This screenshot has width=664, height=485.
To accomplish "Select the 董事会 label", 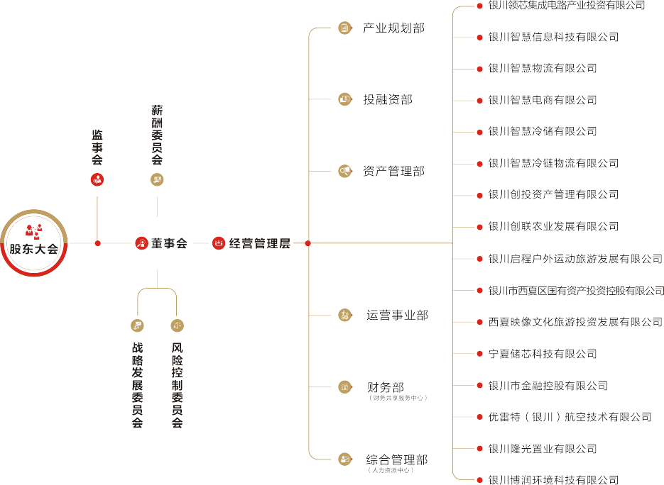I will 169,243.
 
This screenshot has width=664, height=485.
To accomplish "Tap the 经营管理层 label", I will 260,243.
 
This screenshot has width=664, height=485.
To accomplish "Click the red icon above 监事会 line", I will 97,179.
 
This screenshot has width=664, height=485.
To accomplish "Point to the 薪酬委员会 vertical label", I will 157,135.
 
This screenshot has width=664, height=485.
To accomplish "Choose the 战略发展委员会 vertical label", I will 138,385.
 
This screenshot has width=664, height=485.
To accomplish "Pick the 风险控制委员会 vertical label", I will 178,385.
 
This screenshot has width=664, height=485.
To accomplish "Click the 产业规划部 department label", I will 393,28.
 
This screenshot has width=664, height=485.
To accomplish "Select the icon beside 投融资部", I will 345,99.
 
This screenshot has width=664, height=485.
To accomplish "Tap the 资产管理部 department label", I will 393,171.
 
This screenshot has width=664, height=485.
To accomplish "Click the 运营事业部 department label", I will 397,315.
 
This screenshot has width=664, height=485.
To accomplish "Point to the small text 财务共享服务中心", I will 398,398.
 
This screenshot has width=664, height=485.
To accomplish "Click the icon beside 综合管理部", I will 345,459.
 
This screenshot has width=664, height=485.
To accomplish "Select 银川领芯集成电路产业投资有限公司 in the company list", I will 566,6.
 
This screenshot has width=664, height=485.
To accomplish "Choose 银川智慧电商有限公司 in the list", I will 542,100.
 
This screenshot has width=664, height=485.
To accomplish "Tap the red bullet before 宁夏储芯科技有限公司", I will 480,353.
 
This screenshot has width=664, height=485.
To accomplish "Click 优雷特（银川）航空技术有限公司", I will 570,417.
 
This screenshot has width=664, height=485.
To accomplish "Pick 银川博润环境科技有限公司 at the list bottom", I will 553,480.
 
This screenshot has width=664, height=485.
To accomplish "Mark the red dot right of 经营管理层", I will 307,243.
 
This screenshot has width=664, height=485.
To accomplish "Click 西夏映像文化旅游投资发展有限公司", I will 575,322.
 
